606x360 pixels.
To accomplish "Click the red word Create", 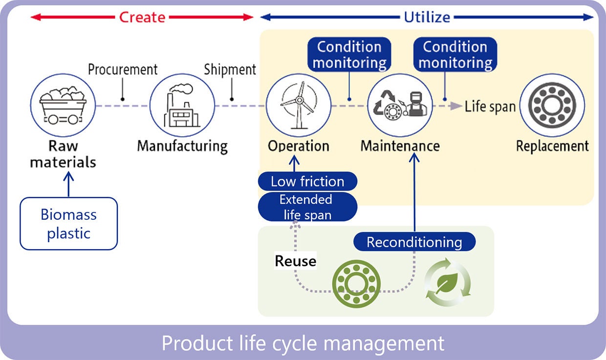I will click(142, 17).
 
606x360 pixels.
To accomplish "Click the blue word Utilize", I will click(427, 17).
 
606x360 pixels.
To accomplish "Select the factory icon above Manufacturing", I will click(182, 106).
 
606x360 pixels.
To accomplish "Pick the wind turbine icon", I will click(298, 106).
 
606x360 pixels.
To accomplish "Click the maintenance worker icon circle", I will click(400, 106).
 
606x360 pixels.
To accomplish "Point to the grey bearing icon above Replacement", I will click(552, 106).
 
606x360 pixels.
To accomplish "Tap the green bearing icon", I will click(356, 283).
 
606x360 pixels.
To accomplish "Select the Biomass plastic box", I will click(68, 224).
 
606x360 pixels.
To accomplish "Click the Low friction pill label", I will click(307, 182).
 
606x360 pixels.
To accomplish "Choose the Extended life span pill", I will click(307, 207).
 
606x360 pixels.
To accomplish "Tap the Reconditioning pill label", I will click(414, 242).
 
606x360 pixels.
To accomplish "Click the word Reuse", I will click(295, 261).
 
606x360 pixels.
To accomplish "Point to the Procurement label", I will click(123, 69).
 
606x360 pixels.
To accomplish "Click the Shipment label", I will click(230, 69).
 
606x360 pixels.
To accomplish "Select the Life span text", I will click(490, 106).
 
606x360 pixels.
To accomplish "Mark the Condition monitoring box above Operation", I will click(349, 55).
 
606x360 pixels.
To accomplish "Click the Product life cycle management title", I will click(303, 343).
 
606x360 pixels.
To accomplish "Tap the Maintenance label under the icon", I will click(400, 146).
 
